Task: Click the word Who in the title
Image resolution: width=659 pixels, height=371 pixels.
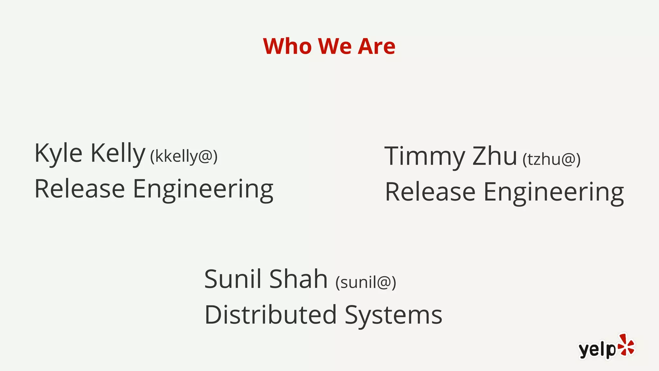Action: click(287, 46)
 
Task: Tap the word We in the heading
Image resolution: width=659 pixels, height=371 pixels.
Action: click(335, 46)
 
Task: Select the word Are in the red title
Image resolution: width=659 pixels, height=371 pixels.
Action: click(376, 46)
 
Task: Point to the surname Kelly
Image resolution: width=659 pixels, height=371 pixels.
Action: click(118, 153)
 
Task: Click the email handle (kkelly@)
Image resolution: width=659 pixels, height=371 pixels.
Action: click(184, 157)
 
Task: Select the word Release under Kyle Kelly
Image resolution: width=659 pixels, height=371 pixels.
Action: click(79, 189)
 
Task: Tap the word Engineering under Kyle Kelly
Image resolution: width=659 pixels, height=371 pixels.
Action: click(203, 190)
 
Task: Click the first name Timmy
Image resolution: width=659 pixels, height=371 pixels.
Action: click(425, 157)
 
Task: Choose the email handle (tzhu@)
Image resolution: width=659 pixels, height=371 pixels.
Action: click(551, 159)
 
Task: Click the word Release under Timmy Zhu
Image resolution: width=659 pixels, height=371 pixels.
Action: click(430, 192)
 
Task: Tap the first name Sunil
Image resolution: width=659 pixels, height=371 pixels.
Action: click(233, 279)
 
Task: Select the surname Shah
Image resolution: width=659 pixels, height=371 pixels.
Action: click(298, 279)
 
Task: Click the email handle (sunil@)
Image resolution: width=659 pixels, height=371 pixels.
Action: click(366, 282)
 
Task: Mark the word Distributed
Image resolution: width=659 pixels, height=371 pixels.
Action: click(271, 315)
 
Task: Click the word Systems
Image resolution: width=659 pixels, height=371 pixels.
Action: click(394, 315)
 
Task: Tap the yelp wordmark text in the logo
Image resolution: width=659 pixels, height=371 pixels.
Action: click(597, 350)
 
